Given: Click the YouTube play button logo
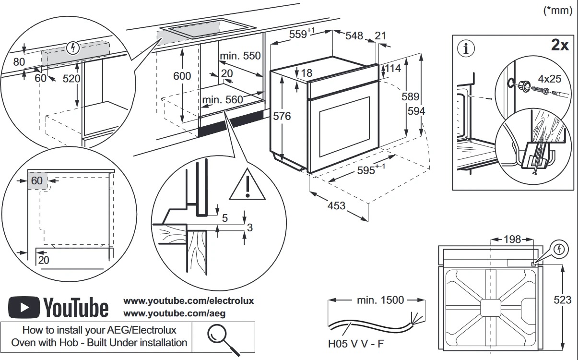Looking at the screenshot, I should [x=24, y=307].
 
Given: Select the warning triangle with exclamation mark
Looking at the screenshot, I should [x=247, y=185].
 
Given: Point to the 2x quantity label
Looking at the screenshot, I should [x=559, y=46].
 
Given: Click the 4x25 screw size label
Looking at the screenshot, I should [x=549, y=78].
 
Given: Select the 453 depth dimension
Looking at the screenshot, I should [x=336, y=205].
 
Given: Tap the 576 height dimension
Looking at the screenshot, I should [x=282, y=116].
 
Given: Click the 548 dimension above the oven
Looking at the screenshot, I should [x=354, y=36].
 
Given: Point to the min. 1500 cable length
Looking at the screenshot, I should [x=381, y=300].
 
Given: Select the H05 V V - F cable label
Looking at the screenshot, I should [x=355, y=344].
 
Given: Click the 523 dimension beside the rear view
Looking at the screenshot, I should [x=562, y=300].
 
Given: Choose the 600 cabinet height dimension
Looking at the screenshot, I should [x=182, y=76].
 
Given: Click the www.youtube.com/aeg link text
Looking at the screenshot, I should [x=174, y=313].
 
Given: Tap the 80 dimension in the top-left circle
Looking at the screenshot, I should [x=19, y=62].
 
